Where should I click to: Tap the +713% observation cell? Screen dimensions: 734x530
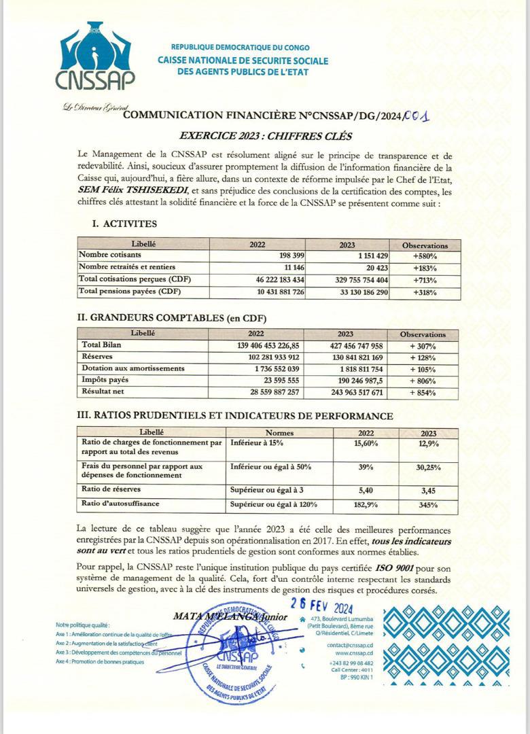424,279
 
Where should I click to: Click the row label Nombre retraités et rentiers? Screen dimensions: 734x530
128,267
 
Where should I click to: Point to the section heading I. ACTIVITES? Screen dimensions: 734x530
124,224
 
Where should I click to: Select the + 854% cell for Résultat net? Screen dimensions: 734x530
423,392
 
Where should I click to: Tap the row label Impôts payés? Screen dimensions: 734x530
105,381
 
